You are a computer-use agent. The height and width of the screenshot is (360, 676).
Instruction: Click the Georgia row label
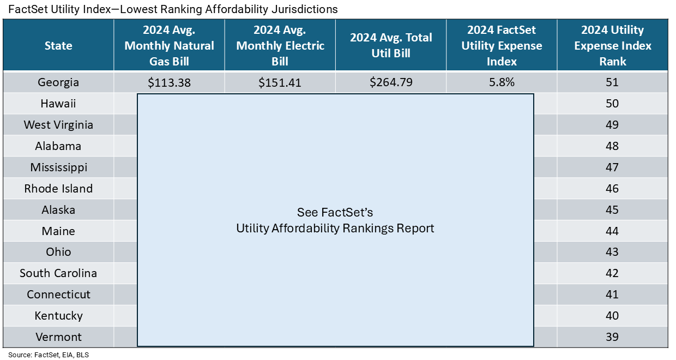click(x=58, y=82)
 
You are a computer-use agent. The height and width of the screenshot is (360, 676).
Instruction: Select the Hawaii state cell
click(x=58, y=104)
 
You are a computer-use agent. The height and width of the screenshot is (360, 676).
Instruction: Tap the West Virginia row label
click(x=58, y=125)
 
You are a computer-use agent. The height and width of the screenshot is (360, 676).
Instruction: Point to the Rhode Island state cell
click(x=58, y=189)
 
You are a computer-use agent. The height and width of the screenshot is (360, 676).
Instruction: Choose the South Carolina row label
click(x=58, y=273)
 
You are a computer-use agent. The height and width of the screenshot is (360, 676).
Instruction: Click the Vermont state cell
click(x=58, y=337)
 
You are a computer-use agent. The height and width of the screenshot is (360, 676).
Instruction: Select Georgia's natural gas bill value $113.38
click(x=169, y=83)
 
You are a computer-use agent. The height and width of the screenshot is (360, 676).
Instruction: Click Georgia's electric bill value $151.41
click(x=280, y=83)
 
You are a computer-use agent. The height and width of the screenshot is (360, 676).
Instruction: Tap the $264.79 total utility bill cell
click(x=391, y=83)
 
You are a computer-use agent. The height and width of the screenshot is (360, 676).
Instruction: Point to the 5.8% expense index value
click(x=501, y=83)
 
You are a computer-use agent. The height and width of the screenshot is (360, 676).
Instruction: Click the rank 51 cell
click(x=612, y=83)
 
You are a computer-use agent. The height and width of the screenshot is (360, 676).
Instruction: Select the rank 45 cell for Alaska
click(x=612, y=210)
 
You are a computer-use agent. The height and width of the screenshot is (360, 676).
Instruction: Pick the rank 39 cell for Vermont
click(x=612, y=337)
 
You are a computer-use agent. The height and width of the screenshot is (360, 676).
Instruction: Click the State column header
click(x=58, y=46)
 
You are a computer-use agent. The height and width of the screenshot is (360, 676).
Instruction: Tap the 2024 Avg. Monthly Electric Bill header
click(x=280, y=46)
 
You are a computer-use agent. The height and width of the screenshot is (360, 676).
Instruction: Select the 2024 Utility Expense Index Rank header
click(x=612, y=46)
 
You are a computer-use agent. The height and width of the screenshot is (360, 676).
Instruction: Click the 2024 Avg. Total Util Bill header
click(x=391, y=46)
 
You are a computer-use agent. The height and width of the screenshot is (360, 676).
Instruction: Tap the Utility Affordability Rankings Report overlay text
click(x=335, y=228)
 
